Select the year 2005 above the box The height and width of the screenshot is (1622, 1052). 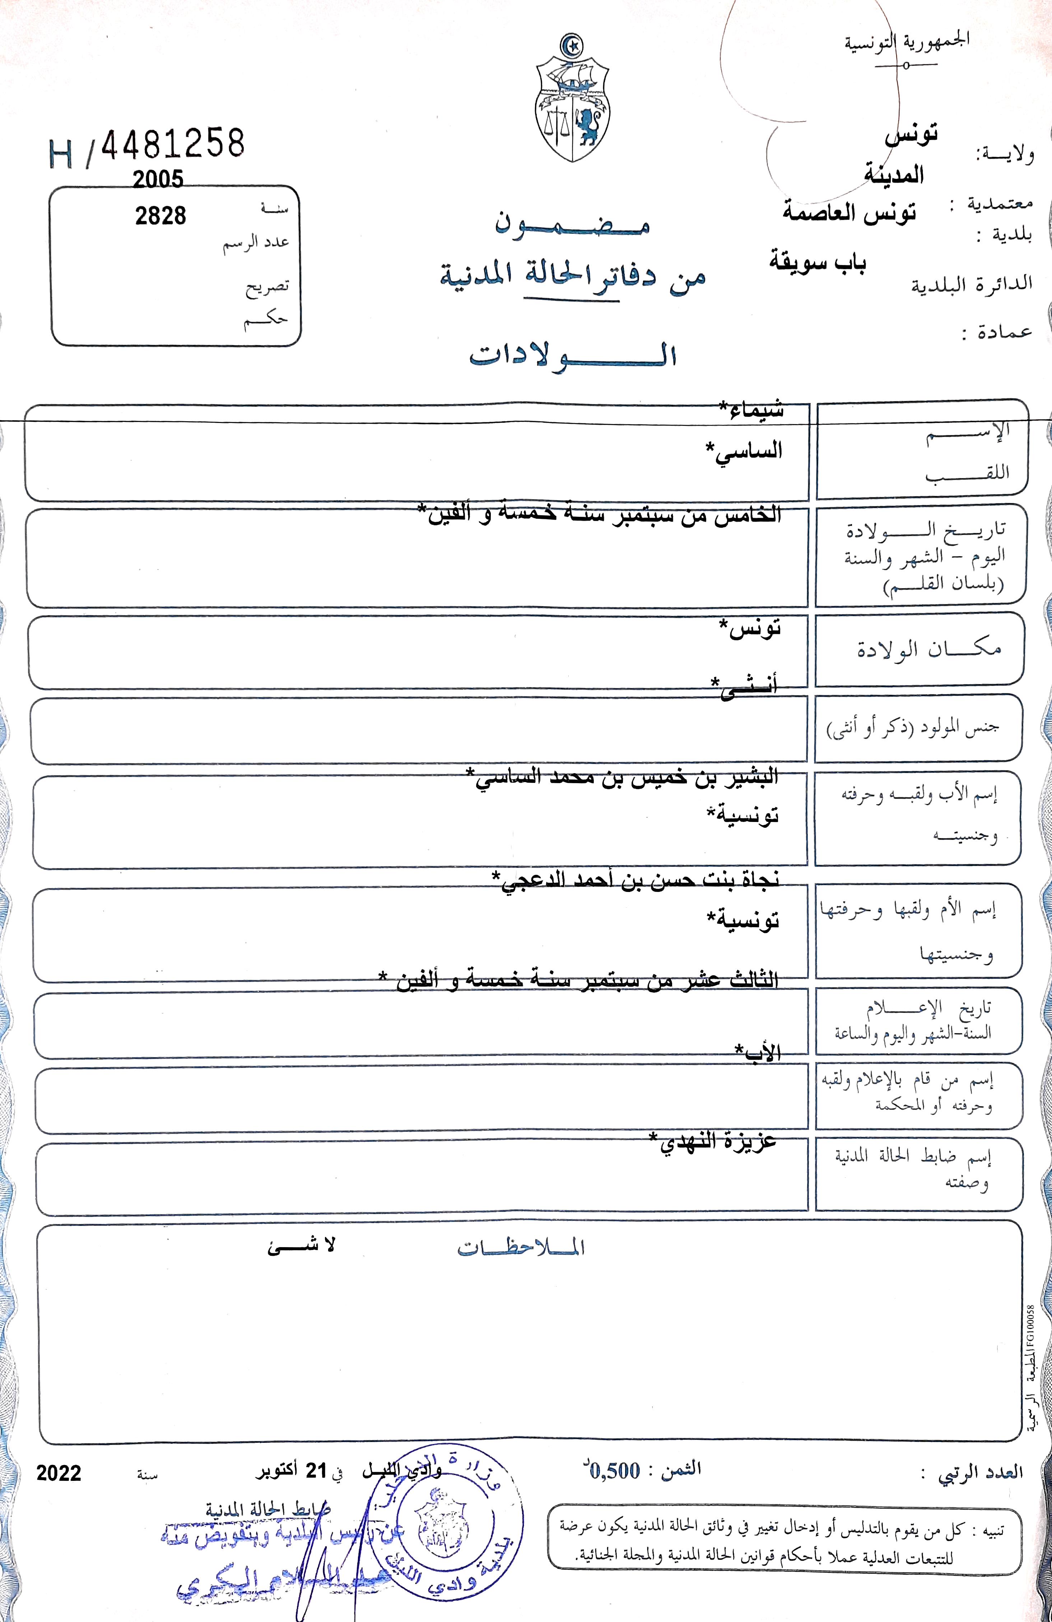(x=158, y=179)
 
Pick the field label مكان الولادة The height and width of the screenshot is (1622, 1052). (x=929, y=649)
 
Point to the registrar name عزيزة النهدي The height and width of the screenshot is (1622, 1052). (x=712, y=1140)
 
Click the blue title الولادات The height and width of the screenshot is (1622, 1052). (x=572, y=356)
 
